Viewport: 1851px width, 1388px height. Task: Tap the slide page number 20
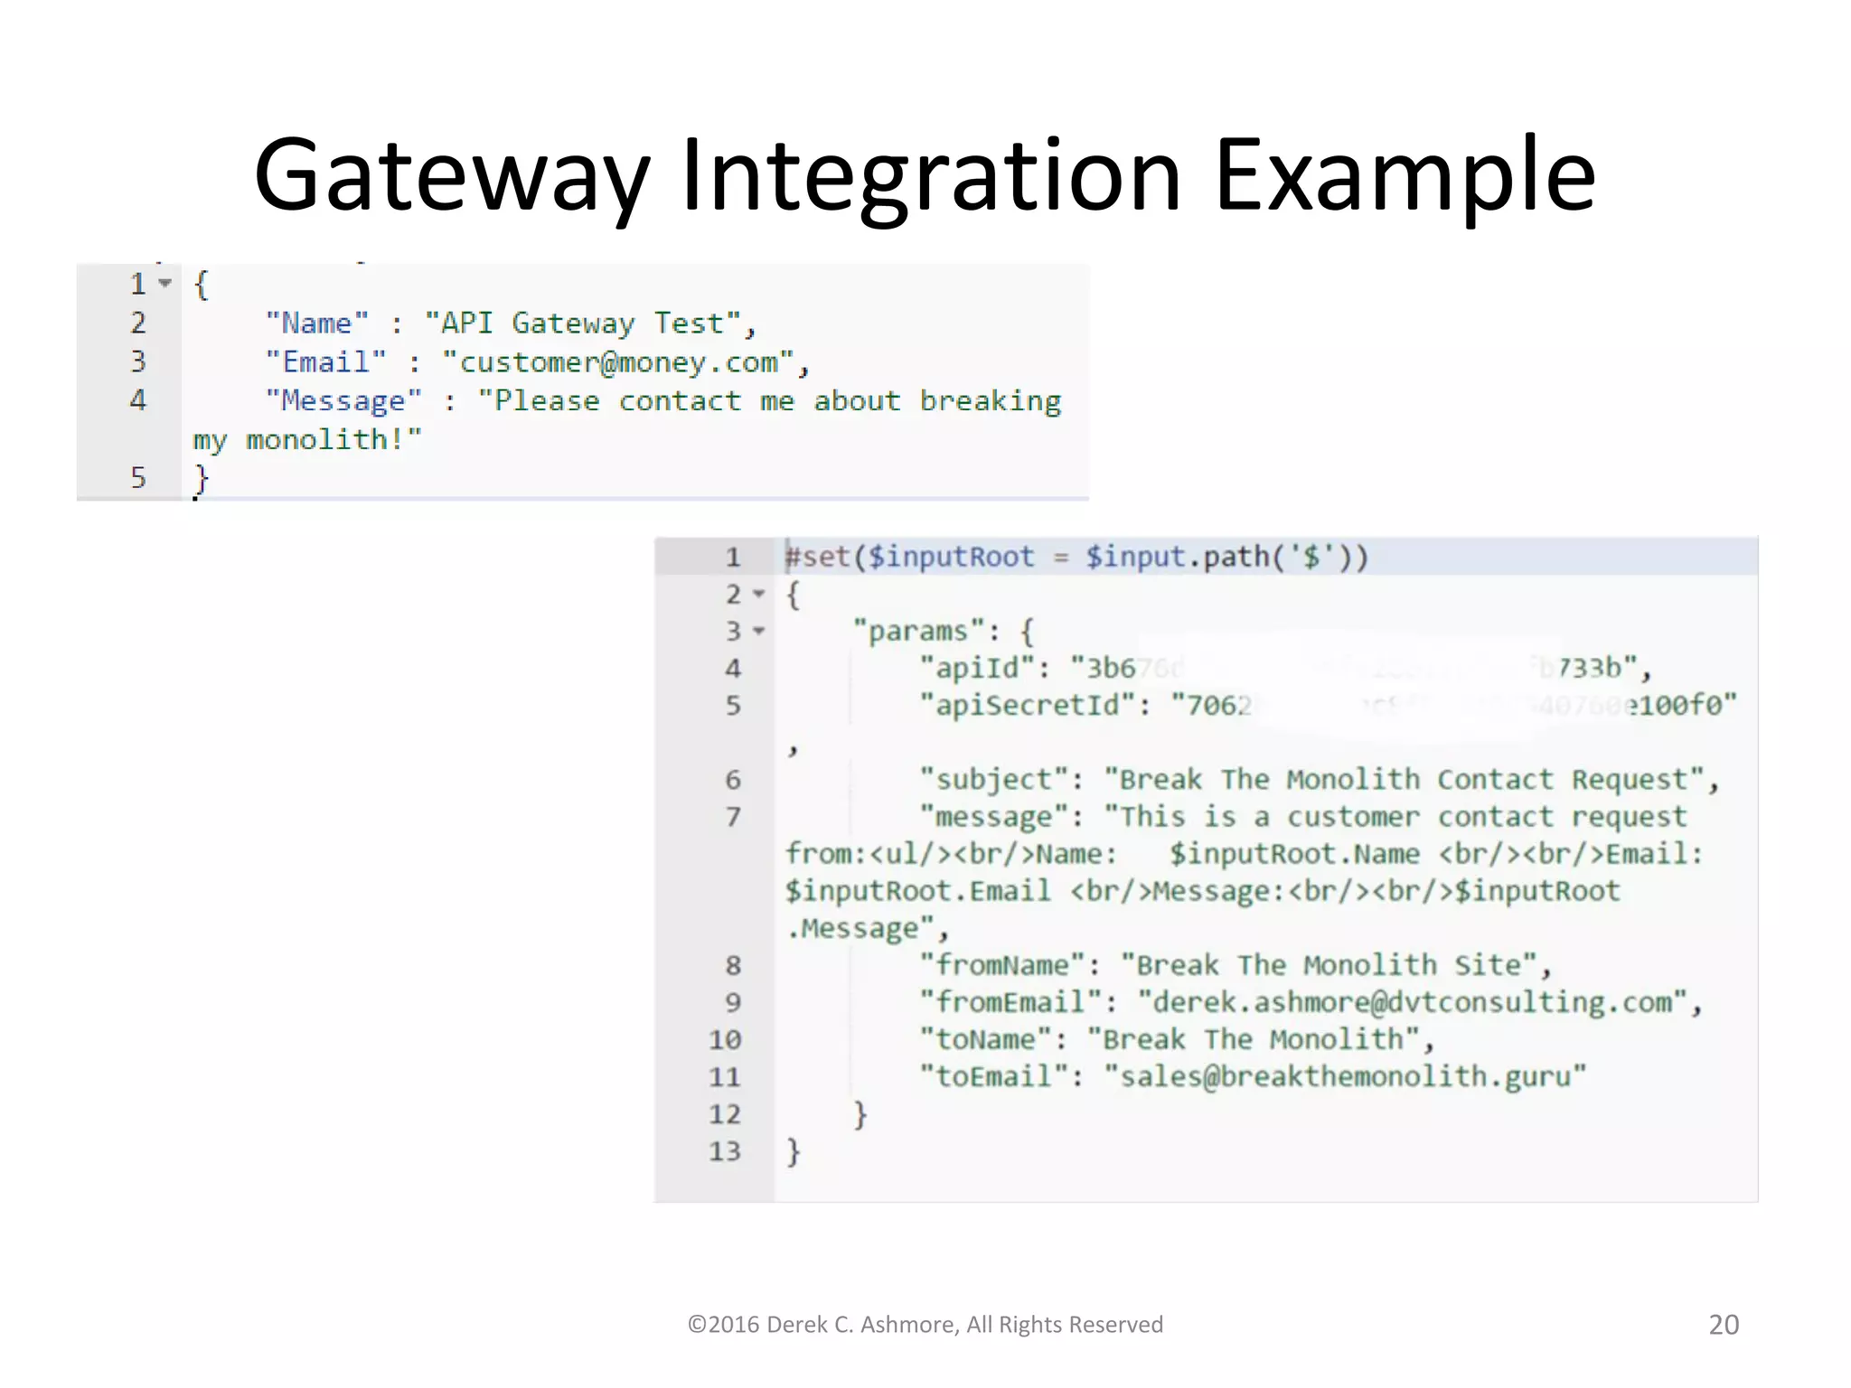(1724, 1325)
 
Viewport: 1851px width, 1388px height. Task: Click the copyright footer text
(925, 1325)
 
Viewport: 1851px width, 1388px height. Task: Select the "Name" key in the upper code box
(317, 324)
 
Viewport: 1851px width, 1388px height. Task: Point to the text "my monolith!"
(307, 440)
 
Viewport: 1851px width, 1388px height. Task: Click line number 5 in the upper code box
(138, 477)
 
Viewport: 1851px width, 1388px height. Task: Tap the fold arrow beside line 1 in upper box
(164, 284)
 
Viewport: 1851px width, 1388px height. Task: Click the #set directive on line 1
(818, 557)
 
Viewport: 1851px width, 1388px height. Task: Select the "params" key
(917, 631)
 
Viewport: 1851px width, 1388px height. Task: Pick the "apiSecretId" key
(1028, 705)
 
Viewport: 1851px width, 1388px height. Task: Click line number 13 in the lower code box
(725, 1151)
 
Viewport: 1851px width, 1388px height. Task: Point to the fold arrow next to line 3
(759, 631)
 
